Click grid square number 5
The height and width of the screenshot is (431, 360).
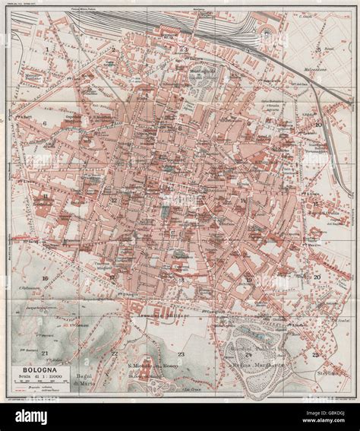(x=317, y=48)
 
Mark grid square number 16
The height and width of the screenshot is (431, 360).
(x=46, y=279)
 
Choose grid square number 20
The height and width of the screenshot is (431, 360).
(x=317, y=277)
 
